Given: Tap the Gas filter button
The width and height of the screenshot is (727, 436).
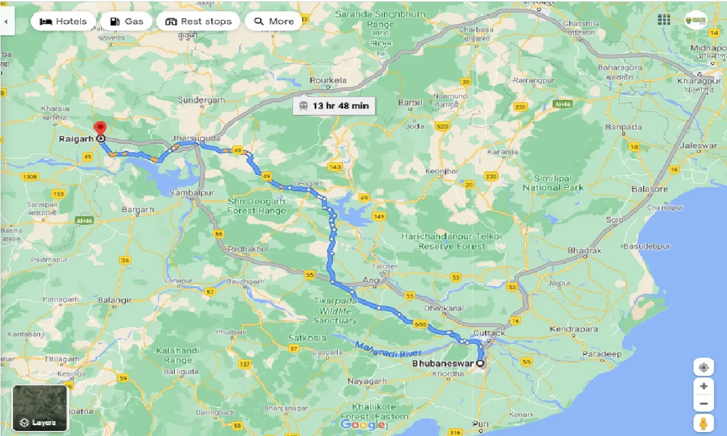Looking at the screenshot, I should click(x=126, y=22).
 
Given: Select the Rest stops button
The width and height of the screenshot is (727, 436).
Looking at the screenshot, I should click(x=198, y=22).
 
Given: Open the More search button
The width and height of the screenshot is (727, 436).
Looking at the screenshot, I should click(x=274, y=22).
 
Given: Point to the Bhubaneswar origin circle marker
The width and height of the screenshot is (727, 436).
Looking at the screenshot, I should click(x=481, y=364).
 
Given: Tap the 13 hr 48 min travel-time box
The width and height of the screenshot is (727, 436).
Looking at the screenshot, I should click(x=333, y=106).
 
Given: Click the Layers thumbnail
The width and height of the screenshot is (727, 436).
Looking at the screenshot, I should click(x=40, y=408).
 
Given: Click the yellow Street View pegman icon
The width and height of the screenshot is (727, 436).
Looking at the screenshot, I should click(x=703, y=423).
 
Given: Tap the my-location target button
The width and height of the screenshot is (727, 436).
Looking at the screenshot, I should click(x=703, y=367).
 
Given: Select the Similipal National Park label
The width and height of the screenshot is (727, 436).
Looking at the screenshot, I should click(x=553, y=183).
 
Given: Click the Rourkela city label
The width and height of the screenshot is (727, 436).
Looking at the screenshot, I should click(x=328, y=81).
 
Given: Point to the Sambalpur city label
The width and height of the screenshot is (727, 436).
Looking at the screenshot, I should click(x=191, y=193).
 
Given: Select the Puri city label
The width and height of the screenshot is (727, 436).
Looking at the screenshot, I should click(x=480, y=423).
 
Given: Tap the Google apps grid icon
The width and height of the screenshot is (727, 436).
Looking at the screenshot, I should click(x=663, y=20).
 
